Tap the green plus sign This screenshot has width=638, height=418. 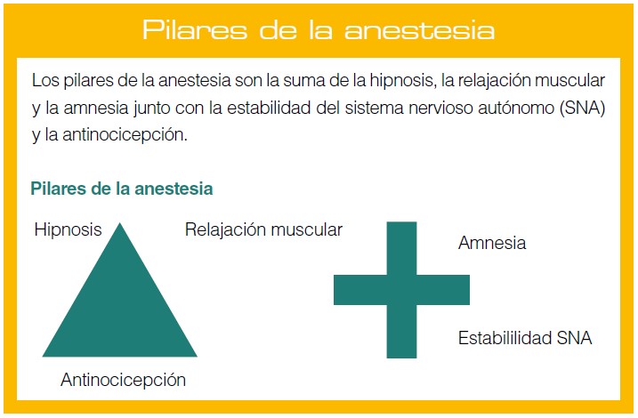pos(401,290)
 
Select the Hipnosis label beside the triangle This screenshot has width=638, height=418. pos(68,229)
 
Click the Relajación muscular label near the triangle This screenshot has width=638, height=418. pos(263,229)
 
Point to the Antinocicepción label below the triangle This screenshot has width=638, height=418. pos(124,380)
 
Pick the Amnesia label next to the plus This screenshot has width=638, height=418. pos(492,243)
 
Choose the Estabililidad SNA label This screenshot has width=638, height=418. pos(525,338)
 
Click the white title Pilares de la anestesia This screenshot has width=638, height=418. pos(319,29)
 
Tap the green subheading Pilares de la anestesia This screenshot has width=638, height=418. pos(122,189)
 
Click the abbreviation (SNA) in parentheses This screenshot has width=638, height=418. pos(583,108)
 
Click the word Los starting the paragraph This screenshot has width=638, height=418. pos(45,81)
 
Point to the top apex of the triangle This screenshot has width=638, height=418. pos(120,223)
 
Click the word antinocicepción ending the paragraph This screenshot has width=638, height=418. pos(125,135)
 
